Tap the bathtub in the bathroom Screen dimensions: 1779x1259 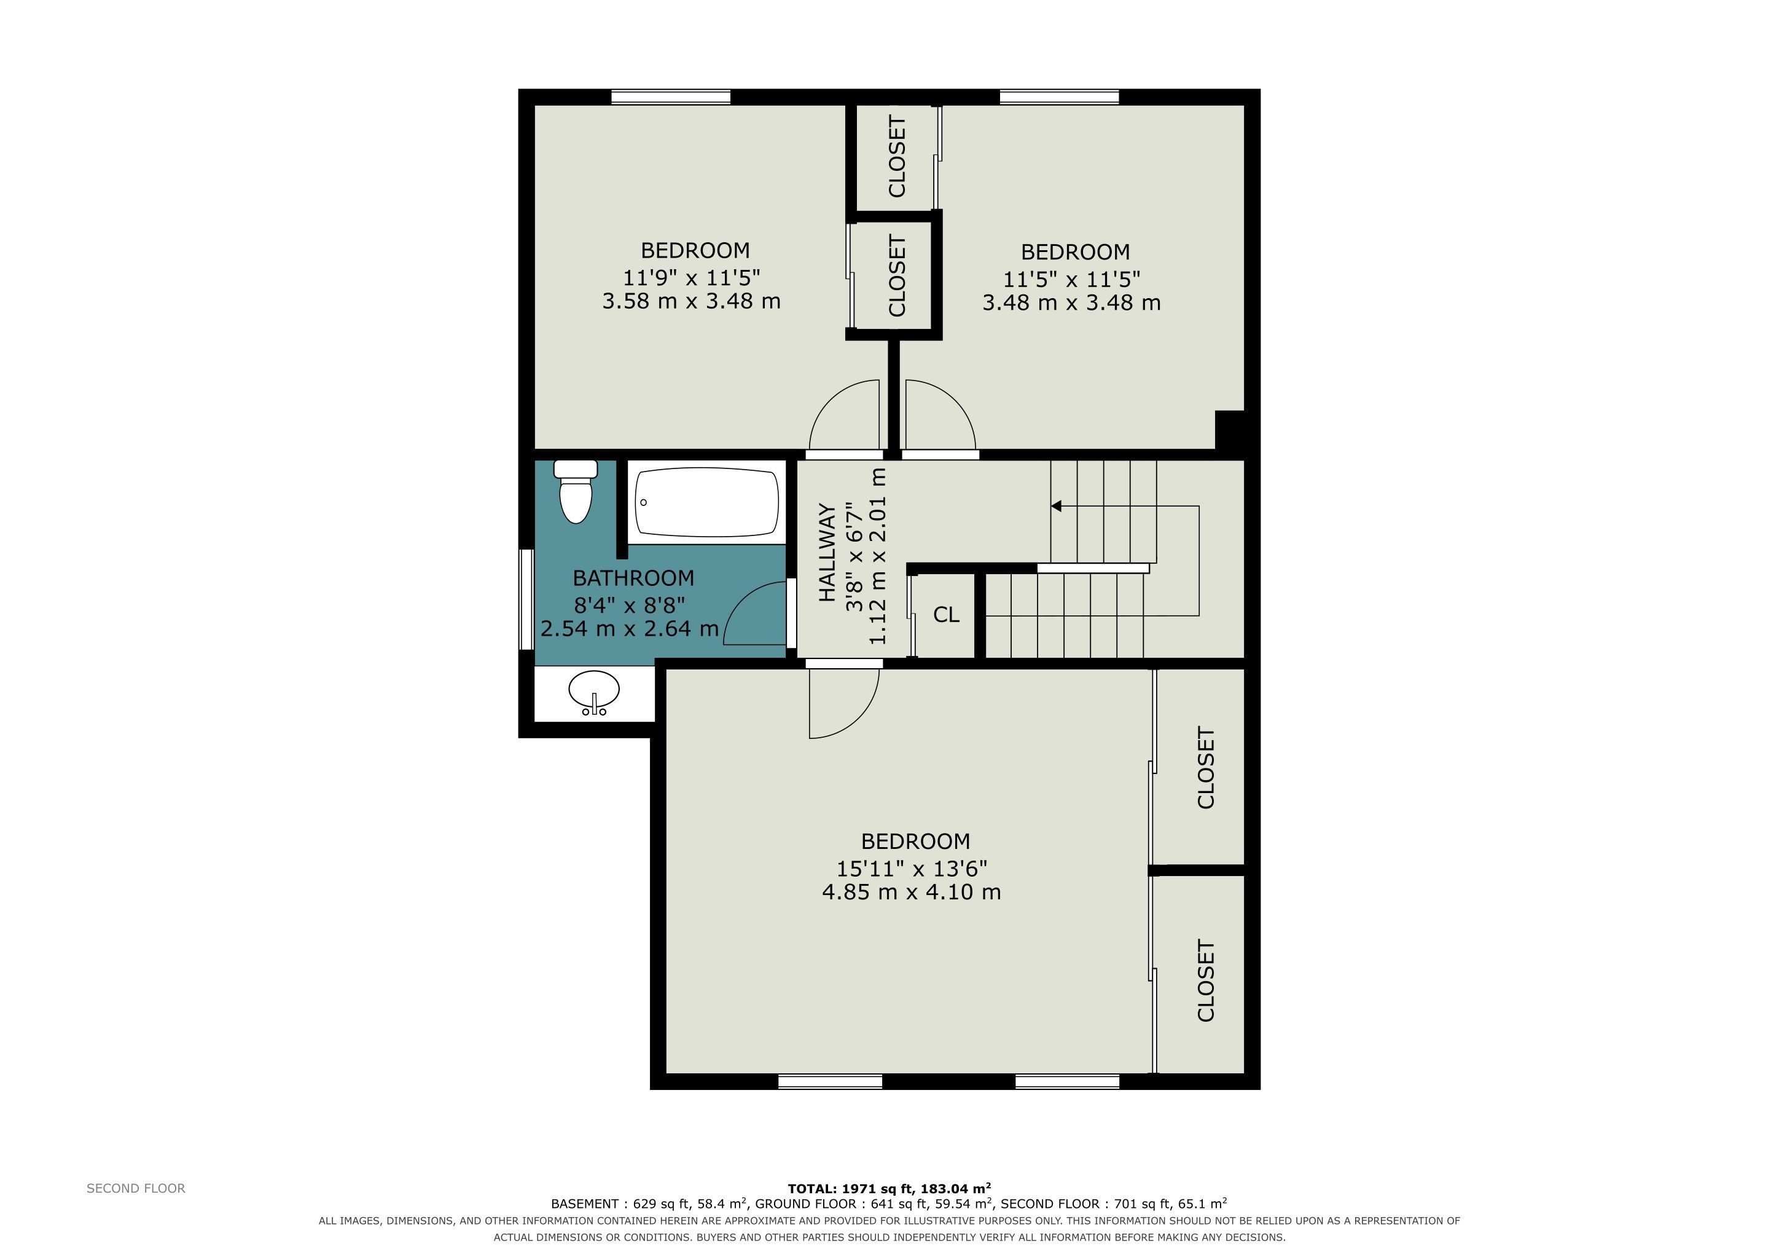click(x=706, y=502)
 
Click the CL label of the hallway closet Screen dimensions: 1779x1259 click(x=946, y=615)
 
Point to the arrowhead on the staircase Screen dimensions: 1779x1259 click(x=1055, y=506)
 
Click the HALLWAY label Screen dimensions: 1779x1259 click(x=827, y=552)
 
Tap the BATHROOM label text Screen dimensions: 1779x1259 click(x=633, y=578)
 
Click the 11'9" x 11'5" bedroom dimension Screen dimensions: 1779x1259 click(x=692, y=277)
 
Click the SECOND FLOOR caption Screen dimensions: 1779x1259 click(x=136, y=1188)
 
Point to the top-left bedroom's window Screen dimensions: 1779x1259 click(x=671, y=97)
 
